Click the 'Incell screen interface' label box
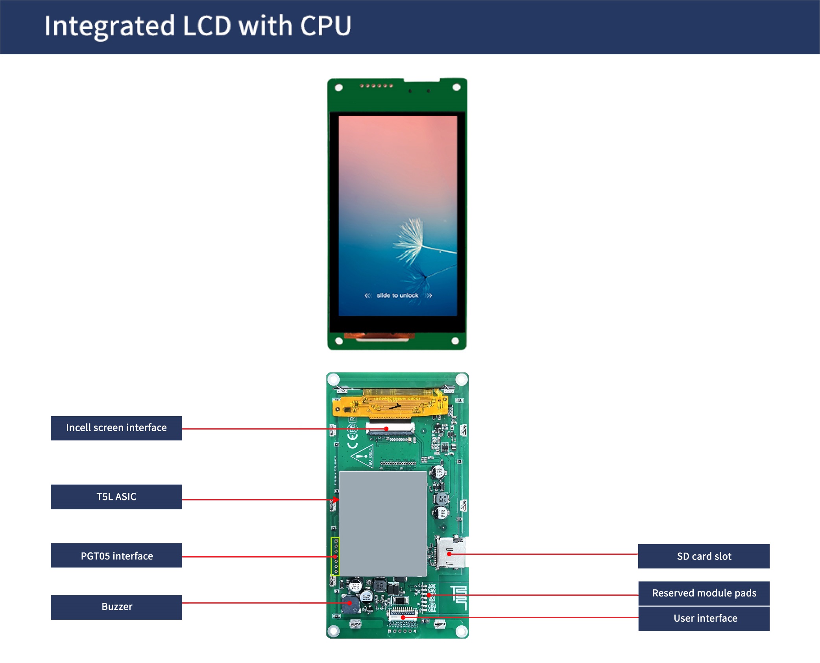coord(116,428)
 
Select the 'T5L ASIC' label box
coord(116,496)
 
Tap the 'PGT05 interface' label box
coord(116,556)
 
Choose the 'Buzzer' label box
coord(116,607)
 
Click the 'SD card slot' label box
coord(704,556)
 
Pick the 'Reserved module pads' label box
coord(704,593)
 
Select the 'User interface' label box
coord(704,618)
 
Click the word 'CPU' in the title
coord(325,26)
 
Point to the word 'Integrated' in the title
coord(109,26)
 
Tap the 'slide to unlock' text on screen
coord(397,295)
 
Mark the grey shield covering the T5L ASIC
coord(383,524)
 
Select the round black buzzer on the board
coord(350,604)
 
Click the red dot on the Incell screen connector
coord(386,429)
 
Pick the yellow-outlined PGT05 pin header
coord(335,556)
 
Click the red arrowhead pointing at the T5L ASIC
coord(336,500)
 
